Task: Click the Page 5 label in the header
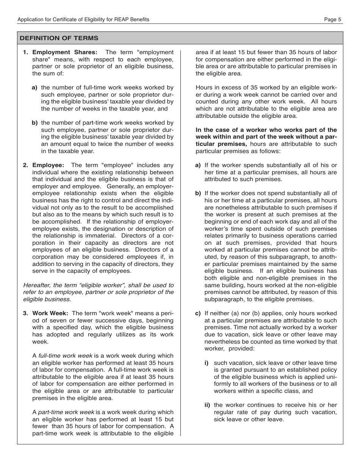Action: coord(333,19)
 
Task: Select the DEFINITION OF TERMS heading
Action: coord(59,38)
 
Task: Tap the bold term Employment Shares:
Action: coord(65,52)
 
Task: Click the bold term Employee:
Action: coord(48,165)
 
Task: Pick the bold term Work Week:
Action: coord(50,313)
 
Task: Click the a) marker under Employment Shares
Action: coord(34,88)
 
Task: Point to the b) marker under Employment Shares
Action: coord(34,123)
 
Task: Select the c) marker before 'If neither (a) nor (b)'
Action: coord(198,313)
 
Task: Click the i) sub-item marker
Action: coord(207,363)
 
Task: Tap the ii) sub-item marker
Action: coord(208,405)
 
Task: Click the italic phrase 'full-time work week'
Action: coord(65,356)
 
